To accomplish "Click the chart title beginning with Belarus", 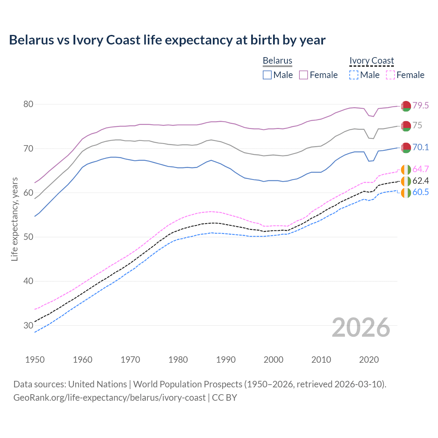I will (x=167, y=40).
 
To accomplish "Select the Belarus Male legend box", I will (x=267, y=75).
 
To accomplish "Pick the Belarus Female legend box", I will (x=304, y=75).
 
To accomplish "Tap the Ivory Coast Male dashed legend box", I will (x=354, y=75).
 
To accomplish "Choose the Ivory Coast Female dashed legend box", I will (x=390, y=75).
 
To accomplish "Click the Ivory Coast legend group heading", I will (x=372, y=61).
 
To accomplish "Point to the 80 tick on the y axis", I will (x=28, y=104).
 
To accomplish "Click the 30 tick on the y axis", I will (x=28, y=325).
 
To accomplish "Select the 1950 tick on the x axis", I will (x=35, y=360).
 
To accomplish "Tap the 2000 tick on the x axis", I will (x=274, y=360).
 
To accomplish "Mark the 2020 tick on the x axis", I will (x=369, y=360).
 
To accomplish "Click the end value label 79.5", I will (x=421, y=105).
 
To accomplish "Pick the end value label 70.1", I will (x=421, y=147).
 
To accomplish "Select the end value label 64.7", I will (x=421, y=169).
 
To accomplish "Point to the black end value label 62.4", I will (x=421, y=181).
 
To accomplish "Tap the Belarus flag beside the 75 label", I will (x=406, y=126).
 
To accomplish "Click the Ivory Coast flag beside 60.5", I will (x=406, y=193).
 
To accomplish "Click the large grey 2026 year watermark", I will (x=361, y=327).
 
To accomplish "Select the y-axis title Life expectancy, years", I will (x=14, y=219).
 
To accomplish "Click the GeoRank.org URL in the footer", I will (x=109, y=398).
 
